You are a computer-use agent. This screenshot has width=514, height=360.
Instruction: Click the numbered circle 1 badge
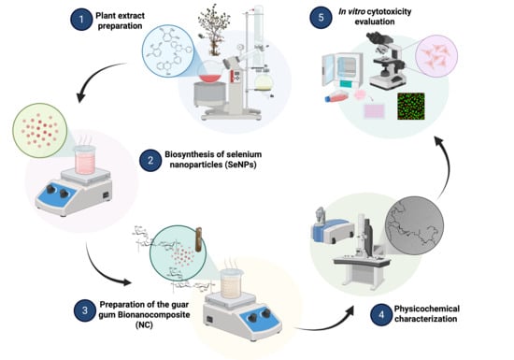(81, 20)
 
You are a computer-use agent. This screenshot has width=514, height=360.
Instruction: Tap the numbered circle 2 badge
(150, 160)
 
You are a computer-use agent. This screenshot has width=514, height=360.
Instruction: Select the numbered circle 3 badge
(85, 310)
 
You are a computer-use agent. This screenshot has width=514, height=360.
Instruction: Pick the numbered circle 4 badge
(381, 315)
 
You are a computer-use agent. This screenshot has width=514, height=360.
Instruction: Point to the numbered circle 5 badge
(321, 17)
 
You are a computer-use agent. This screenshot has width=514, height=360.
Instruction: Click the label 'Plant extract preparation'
(120, 21)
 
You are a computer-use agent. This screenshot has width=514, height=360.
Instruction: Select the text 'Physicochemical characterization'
(426, 314)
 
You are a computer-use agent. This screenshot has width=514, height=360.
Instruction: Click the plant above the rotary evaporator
(213, 29)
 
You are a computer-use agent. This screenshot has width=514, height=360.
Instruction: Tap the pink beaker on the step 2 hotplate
(85, 160)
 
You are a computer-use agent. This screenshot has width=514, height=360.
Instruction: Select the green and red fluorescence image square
(411, 107)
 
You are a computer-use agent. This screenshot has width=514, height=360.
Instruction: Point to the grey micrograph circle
(414, 225)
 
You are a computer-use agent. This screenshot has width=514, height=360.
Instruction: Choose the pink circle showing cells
(436, 56)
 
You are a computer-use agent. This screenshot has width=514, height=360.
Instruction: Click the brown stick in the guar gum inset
(198, 239)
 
